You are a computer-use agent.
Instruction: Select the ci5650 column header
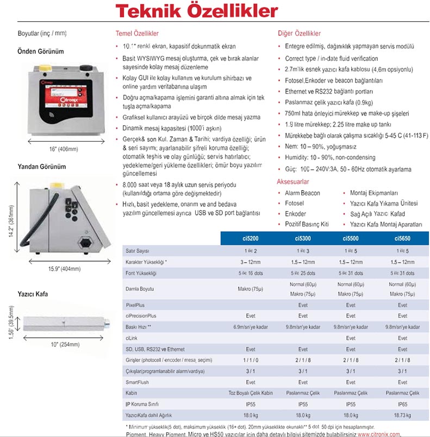point(402,238)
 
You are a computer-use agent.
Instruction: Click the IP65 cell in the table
point(402,405)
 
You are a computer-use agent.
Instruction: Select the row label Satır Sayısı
point(137,251)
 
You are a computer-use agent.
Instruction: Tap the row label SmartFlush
point(137,382)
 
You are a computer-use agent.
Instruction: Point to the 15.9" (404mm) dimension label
point(57,268)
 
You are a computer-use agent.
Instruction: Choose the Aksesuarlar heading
point(292,182)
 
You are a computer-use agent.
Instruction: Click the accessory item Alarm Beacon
point(302,193)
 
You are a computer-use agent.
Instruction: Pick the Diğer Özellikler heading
point(299,33)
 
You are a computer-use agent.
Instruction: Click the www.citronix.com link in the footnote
point(379,434)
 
